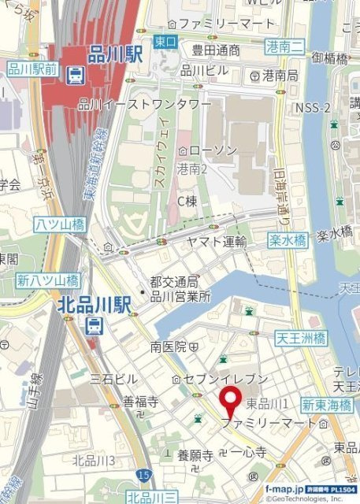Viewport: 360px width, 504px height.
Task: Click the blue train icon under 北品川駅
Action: click(95, 325)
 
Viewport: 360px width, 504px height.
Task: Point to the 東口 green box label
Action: click(164, 41)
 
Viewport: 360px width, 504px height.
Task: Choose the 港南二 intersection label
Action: click(285, 46)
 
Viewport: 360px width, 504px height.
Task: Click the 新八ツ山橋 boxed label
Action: click(48, 280)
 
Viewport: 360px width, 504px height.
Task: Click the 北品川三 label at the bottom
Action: click(151, 497)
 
